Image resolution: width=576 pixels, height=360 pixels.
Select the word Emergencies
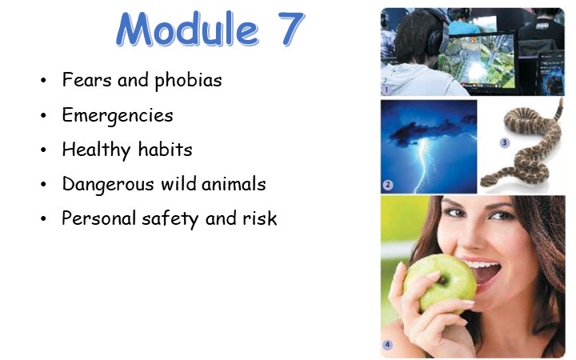pyautogui.click(x=118, y=115)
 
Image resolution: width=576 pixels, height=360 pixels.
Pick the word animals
pyautogui.click(x=233, y=184)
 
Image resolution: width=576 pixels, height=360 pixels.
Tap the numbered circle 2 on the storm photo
pyautogui.click(x=387, y=186)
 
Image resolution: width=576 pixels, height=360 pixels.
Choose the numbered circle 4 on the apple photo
pyautogui.click(x=387, y=346)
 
